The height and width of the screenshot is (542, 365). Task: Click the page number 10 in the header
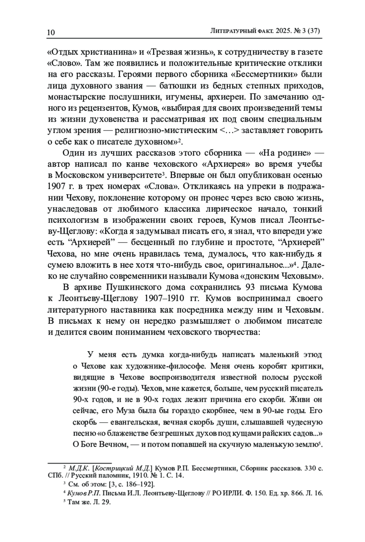[x=51, y=32]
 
